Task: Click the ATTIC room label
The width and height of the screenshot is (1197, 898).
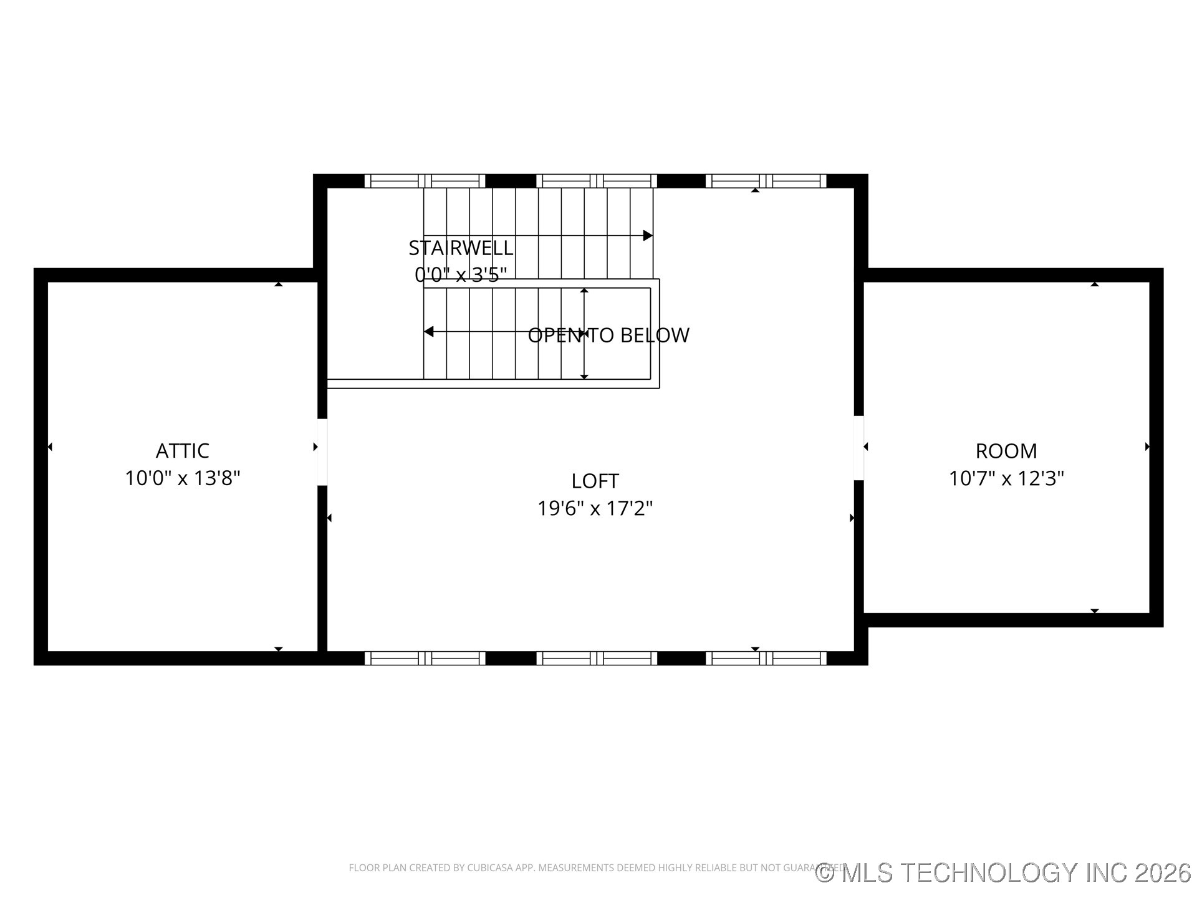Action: tap(182, 450)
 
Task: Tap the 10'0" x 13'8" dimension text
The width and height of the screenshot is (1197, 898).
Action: tap(182, 478)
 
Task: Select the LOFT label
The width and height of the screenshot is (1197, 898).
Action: tap(595, 481)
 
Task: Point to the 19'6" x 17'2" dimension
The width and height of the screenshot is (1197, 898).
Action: tap(595, 509)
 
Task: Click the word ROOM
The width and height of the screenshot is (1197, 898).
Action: tap(1006, 450)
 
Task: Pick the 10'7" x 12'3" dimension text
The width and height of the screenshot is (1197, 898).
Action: tap(1006, 478)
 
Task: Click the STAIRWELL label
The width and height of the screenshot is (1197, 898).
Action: tap(460, 248)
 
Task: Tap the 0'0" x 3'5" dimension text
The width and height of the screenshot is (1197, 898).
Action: tap(460, 274)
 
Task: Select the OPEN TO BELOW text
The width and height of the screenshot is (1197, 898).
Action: tap(608, 336)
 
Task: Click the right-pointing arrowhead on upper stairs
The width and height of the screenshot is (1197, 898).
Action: tap(648, 236)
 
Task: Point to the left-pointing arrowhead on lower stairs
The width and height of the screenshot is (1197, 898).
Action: tap(429, 332)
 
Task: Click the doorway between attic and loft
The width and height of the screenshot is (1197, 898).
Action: tap(322, 451)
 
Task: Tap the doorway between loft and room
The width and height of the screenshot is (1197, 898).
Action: tap(858, 448)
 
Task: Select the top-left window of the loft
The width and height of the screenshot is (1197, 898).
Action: tap(425, 181)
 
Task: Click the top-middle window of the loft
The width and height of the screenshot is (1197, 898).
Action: tap(597, 181)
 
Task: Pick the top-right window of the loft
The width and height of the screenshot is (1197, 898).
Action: tap(766, 181)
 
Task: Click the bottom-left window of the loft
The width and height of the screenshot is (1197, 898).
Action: tap(425, 658)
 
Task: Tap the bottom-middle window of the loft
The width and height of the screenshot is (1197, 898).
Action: tap(597, 658)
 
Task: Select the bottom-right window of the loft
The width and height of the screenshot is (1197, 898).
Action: tap(766, 658)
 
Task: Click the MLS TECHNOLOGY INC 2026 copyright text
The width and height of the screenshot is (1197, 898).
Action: tap(1004, 872)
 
